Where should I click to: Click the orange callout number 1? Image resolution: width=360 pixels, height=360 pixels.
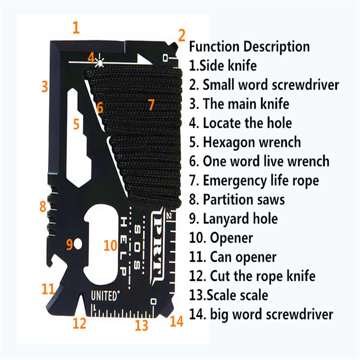tap(76, 28)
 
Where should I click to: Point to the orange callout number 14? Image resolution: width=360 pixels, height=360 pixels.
tap(176, 321)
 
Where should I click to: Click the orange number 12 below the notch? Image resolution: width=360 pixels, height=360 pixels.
tap(80, 323)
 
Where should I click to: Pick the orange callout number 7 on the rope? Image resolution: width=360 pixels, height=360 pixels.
tap(151, 105)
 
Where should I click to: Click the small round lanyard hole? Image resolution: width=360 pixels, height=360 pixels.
tap(78, 246)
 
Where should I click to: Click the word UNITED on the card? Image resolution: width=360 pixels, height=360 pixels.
tap(104, 296)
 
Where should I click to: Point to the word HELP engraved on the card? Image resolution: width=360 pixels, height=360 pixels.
tap(123, 246)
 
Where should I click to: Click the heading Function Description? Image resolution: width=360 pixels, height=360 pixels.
tap(249, 47)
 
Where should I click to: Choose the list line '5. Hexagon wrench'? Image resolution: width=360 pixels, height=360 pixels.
tap(245, 142)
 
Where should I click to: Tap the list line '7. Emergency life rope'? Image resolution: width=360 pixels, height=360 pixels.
tap(254, 180)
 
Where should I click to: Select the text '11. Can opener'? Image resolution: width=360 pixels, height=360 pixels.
tap(233, 257)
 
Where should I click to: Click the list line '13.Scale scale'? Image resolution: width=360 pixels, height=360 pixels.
tap(229, 295)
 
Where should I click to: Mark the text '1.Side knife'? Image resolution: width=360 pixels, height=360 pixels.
tap(223, 66)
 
